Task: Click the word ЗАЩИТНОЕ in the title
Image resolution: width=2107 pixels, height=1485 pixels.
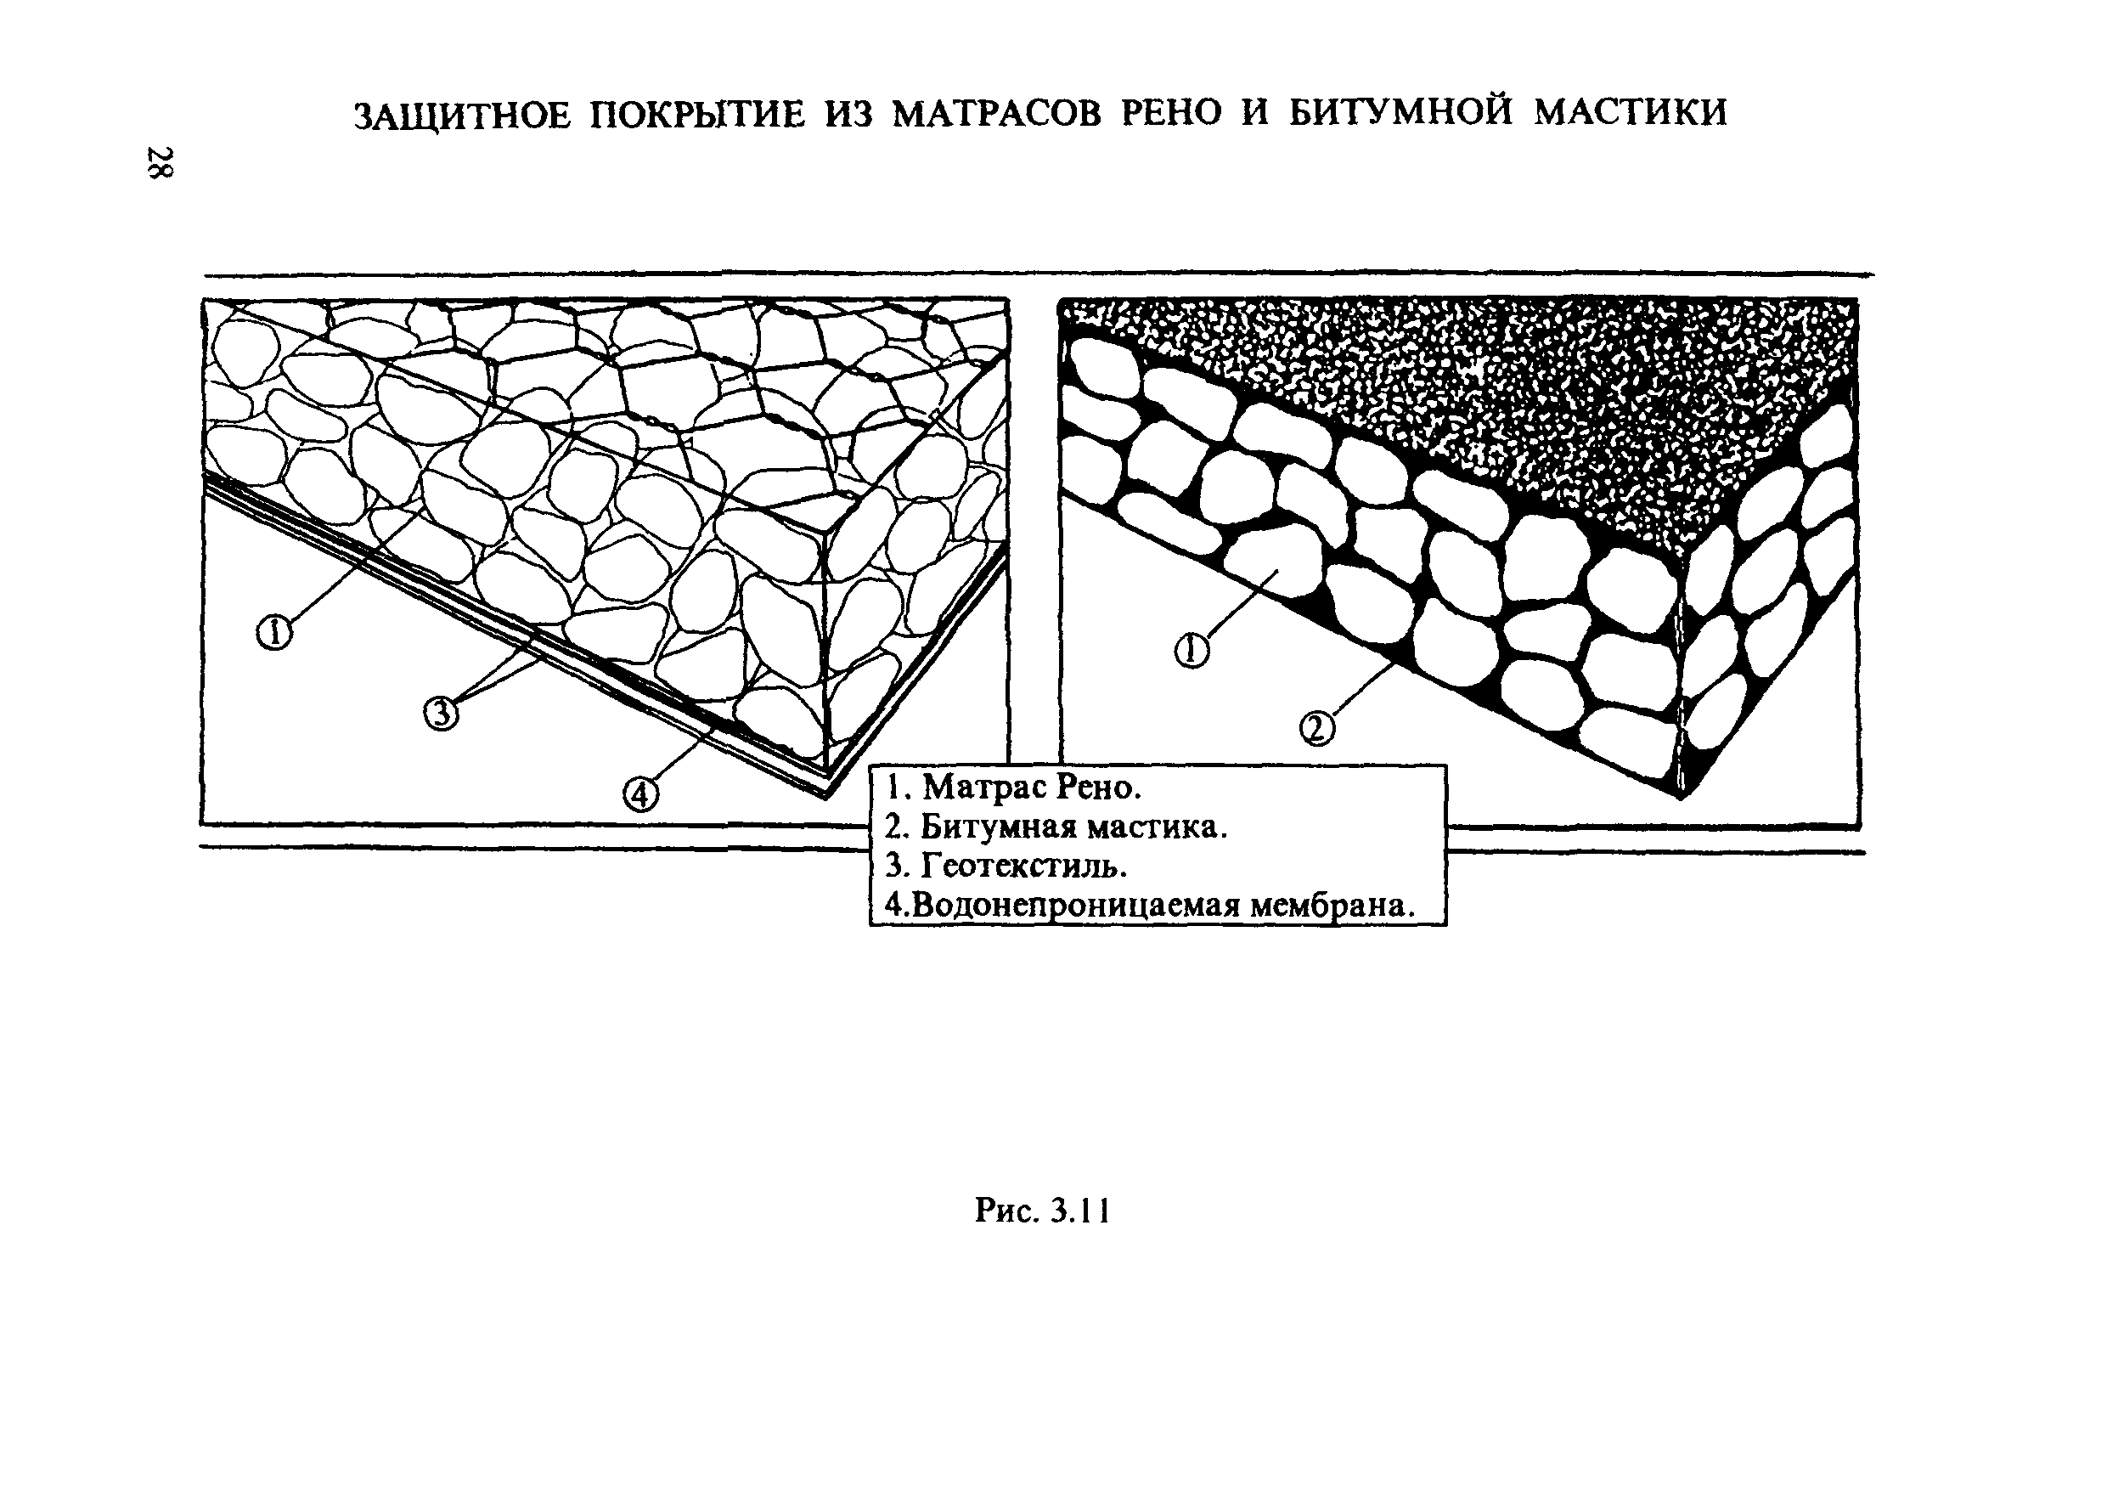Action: click(464, 115)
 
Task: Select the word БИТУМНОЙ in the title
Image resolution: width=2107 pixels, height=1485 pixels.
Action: click(1402, 112)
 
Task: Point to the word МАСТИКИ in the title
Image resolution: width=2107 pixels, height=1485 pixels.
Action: click(1631, 112)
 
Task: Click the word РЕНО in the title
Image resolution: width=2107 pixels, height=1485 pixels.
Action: click(1172, 113)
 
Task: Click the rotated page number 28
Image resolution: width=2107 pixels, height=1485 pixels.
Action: click(161, 162)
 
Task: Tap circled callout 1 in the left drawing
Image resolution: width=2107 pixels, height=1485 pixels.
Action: click(273, 632)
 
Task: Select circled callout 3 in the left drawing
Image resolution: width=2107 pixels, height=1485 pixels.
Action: click(441, 712)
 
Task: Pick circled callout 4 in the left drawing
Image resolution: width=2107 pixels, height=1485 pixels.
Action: click(640, 793)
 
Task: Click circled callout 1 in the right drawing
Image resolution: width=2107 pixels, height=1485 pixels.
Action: click(1192, 651)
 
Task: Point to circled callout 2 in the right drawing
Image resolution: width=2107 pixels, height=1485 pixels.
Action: click(1317, 729)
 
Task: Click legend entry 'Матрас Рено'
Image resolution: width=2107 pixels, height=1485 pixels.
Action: click(1014, 788)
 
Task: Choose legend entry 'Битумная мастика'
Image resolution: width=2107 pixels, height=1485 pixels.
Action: click(1056, 827)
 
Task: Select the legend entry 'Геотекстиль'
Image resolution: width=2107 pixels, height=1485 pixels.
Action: click(1006, 866)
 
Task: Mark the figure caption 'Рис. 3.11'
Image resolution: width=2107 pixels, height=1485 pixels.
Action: click(1043, 1211)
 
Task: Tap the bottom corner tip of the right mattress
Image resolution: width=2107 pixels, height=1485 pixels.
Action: click(1681, 797)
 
